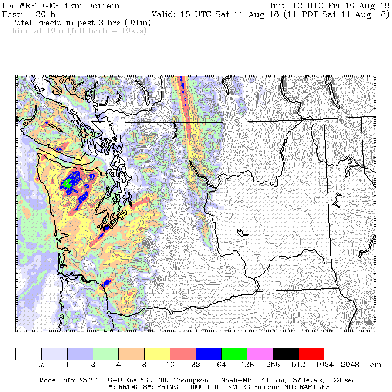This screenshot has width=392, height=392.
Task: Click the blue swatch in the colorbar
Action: [x=209, y=354]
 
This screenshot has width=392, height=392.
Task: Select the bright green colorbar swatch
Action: [x=234, y=354]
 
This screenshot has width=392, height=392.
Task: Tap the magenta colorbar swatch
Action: [x=260, y=354]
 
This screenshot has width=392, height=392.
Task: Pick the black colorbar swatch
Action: [x=286, y=354]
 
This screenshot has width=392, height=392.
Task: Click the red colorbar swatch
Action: [x=311, y=354]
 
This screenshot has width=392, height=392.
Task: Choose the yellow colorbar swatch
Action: [x=157, y=354]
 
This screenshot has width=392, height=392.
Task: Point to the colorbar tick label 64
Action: [x=222, y=364]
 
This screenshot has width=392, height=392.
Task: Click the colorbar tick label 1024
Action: [x=324, y=364]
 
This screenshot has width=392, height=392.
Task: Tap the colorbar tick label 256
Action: [x=273, y=364]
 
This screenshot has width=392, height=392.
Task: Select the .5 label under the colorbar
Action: [x=41, y=364]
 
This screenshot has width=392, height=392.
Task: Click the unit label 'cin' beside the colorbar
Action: [x=376, y=364]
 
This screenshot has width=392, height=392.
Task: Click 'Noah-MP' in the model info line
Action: [x=236, y=380]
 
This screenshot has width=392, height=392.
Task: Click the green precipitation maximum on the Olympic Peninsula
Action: [x=67, y=183]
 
